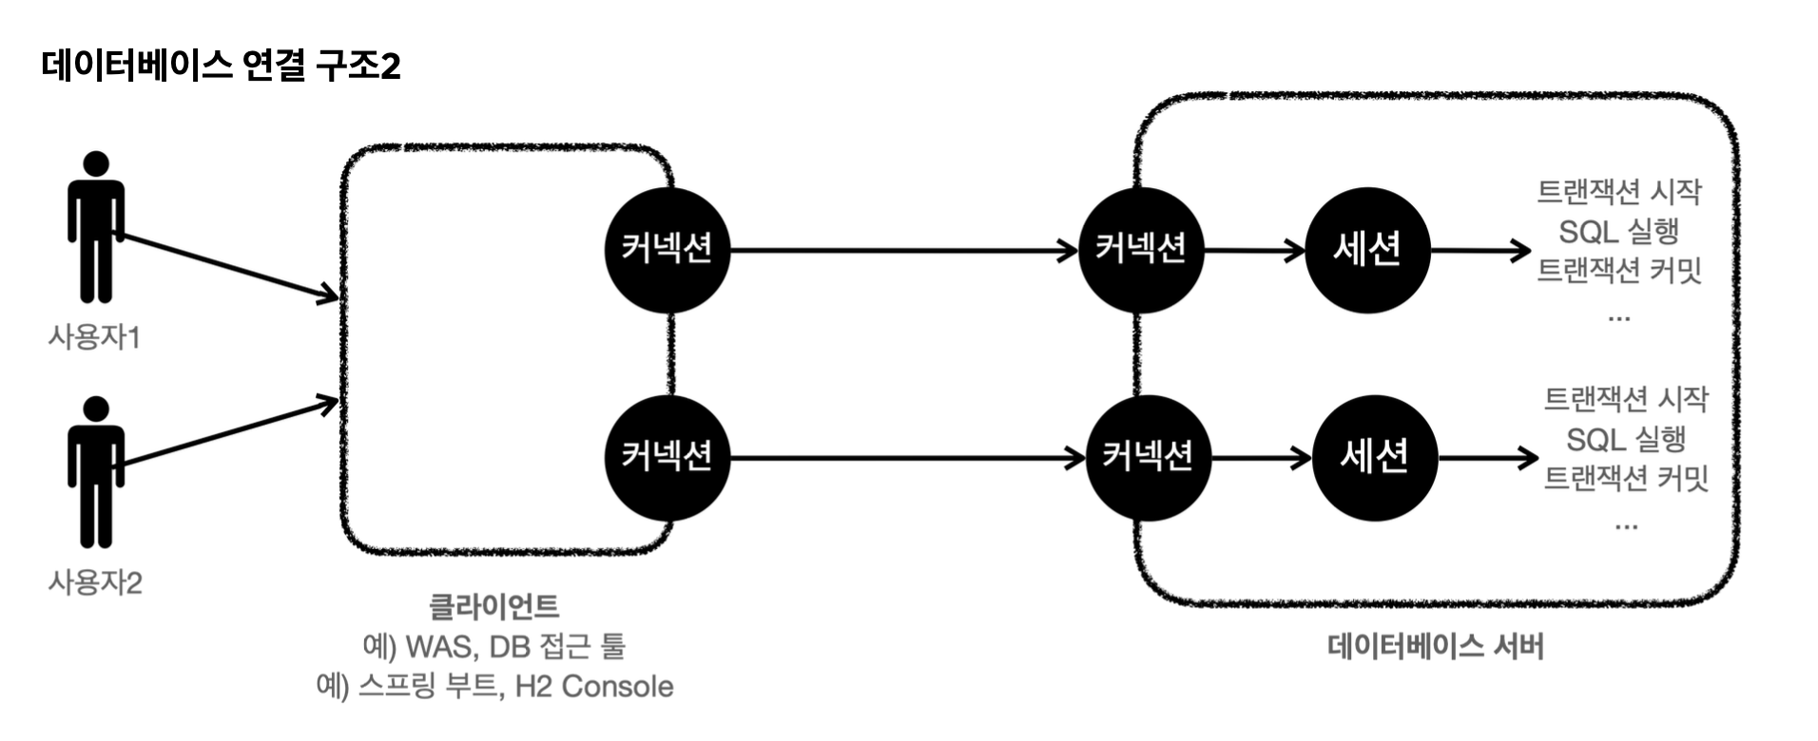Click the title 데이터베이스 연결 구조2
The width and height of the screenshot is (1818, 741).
tap(221, 66)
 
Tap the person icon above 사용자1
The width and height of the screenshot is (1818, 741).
tap(95, 228)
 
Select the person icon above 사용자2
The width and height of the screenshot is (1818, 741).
tap(95, 472)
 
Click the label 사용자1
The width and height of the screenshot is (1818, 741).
tap(94, 337)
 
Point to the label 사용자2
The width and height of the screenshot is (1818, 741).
tap(95, 582)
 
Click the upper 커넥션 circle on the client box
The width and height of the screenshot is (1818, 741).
tap(667, 250)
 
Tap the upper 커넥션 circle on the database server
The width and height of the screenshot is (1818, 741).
tap(1140, 250)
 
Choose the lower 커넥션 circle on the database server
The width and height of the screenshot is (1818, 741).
tap(1148, 458)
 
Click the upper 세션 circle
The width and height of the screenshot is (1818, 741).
tap(1366, 250)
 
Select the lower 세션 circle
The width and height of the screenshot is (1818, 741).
tap(1374, 458)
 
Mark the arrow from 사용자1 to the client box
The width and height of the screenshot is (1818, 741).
tap(228, 267)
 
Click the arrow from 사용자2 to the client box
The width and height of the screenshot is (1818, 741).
tap(228, 434)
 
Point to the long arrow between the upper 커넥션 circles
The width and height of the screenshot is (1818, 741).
tap(903, 251)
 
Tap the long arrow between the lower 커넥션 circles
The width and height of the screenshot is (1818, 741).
tap(907, 459)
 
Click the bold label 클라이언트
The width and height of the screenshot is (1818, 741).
tap(493, 606)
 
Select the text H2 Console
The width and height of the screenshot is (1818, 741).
tap(593, 686)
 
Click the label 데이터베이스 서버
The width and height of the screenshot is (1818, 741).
tap(1435, 647)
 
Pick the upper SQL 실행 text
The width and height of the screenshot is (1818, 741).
tap(1618, 231)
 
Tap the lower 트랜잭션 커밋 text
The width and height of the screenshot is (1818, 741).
tap(1625, 478)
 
